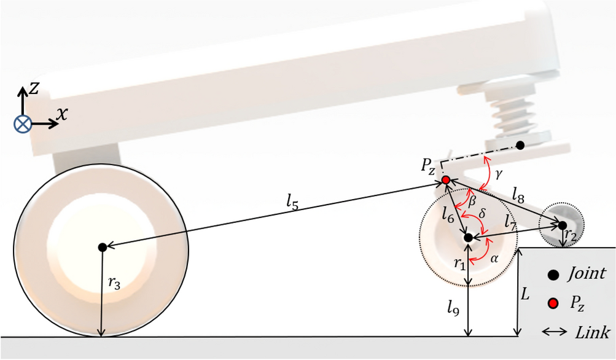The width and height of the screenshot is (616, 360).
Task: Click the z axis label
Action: click(35, 89)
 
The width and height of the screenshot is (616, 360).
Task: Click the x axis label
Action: click(61, 113)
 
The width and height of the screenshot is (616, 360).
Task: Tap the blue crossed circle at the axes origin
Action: click(23, 124)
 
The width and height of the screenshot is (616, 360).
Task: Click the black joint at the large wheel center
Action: click(103, 247)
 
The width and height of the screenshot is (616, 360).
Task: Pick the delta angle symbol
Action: click(482, 213)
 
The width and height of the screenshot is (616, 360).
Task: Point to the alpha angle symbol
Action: click(495, 259)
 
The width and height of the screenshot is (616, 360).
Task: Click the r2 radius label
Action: click(571, 235)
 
